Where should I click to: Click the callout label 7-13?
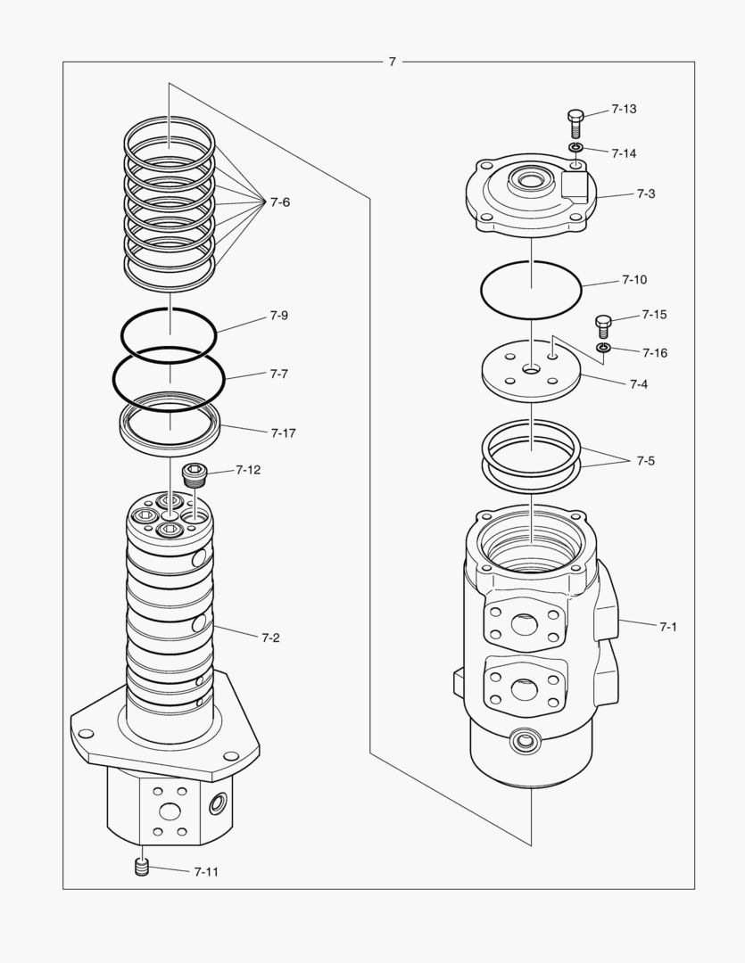point(624,109)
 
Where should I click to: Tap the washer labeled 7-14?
point(576,147)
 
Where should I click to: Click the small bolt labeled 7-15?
point(602,325)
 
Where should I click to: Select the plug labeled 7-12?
point(194,473)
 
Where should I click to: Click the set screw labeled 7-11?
point(140,867)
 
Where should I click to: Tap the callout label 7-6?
point(279,202)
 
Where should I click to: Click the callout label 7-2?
point(270,638)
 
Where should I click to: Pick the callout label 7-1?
point(668,627)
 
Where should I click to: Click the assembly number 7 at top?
point(392,62)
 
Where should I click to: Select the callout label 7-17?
point(283,432)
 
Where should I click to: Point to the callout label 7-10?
point(633,280)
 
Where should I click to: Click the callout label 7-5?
point(645,461)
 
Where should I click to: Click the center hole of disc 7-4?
point(532,369)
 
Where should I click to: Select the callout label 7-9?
point(278,316)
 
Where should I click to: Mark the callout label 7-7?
point(278,374)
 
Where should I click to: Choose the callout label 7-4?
point(638,384)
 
